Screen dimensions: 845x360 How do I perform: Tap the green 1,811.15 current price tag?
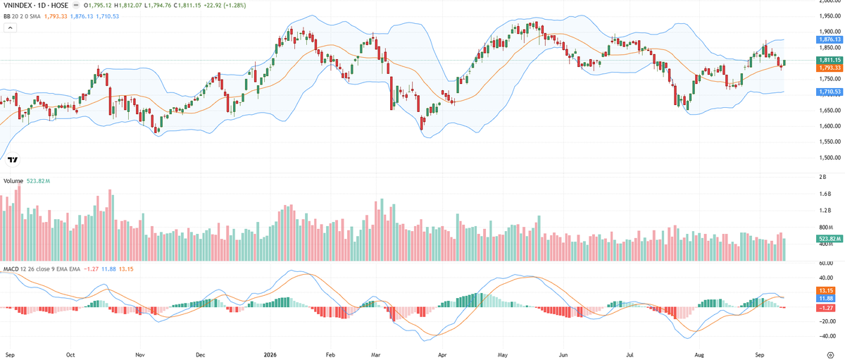(830, 60)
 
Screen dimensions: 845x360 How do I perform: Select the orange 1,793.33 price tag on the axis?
(830, 68)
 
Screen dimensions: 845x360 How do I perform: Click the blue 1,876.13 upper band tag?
(830, 39)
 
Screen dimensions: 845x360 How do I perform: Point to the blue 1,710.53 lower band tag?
(830, 92)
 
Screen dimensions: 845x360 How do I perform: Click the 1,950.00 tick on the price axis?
(830, 15)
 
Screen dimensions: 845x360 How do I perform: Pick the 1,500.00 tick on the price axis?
(830, 157)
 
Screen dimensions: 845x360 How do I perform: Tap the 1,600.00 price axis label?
(830, 126)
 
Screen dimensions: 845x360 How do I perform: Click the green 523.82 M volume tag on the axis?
(830, 239)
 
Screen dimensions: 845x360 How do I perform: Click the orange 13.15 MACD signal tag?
(826, 290)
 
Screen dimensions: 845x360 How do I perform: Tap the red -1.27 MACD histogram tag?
(826, 308)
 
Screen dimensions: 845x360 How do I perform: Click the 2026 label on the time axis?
(270, 355)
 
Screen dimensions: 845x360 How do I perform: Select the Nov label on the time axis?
(140, 355)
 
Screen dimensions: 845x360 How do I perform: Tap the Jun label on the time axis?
(563, 355)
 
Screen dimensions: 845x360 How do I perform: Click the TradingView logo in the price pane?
(13, 160)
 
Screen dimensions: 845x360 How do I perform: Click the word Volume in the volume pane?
(13, 181)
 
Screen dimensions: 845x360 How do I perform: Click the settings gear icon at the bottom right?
(830, 355)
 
